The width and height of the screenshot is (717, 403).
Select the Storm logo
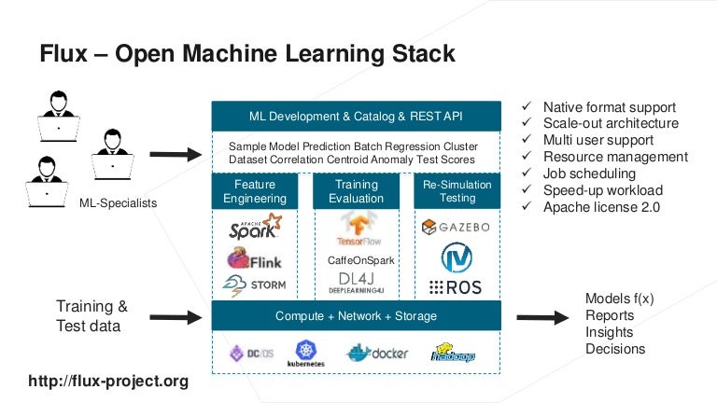tap(254, 285)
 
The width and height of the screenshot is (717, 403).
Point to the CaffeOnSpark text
tap(356, 261)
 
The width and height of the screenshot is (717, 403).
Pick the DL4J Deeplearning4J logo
tap(356, 284)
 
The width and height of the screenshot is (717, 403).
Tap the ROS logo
tap(456, 286)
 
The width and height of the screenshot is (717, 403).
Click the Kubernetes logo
tap(305, 354)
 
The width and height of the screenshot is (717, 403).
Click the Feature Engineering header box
tap(255, 192)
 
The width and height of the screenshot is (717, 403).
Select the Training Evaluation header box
tap(356, 192)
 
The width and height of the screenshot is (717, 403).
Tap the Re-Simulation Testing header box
tap(457, 192)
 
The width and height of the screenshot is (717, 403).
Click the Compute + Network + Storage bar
tap(356, 316)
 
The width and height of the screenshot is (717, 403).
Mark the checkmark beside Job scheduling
tap(527, 174)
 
